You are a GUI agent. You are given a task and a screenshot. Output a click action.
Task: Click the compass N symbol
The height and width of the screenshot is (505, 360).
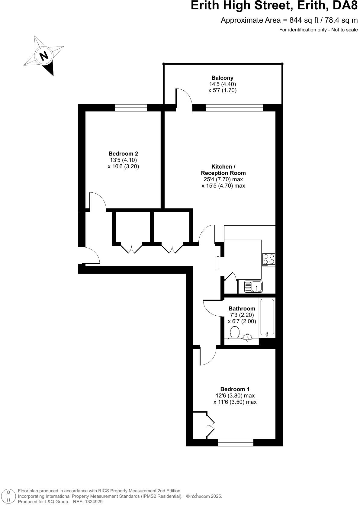(44, 56)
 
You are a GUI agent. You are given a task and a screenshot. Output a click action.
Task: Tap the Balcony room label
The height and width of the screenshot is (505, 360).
(222, 78)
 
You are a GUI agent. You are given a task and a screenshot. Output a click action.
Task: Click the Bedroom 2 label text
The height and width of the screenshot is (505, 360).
(123, 154)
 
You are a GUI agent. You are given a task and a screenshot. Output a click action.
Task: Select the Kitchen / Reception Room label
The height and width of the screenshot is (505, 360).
(223, 170)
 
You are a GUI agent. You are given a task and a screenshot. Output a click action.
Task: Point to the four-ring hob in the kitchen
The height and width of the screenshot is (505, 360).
(269, 259)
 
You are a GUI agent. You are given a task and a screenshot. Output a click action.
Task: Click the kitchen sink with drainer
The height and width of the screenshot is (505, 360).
(253, 286)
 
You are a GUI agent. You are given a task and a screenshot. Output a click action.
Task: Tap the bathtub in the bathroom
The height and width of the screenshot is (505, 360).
(267, 318)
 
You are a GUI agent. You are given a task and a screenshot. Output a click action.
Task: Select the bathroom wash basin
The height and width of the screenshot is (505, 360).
(248, 337)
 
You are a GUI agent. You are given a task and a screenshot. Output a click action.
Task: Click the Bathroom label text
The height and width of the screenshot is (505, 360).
(242, 309)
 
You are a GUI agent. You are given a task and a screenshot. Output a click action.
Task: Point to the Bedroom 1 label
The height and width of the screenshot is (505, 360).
(235, 389)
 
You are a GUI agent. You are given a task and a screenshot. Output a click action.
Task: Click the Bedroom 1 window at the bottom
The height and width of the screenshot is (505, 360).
(235, 442)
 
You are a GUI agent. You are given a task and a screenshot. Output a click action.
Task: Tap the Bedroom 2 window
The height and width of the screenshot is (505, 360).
(130, 108)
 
